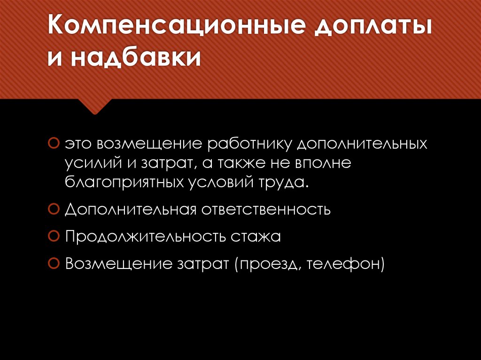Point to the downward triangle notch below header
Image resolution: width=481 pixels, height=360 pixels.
94,107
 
